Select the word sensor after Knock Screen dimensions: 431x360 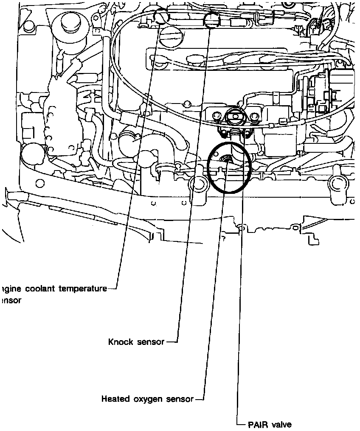[150, 342]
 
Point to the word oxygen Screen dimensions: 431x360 [147, 399]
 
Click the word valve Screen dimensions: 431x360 [282, 425]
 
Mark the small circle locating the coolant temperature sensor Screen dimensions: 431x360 [161, 17]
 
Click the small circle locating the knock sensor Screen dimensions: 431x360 [211, 19]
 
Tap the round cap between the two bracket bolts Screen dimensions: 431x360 [234, 116]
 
